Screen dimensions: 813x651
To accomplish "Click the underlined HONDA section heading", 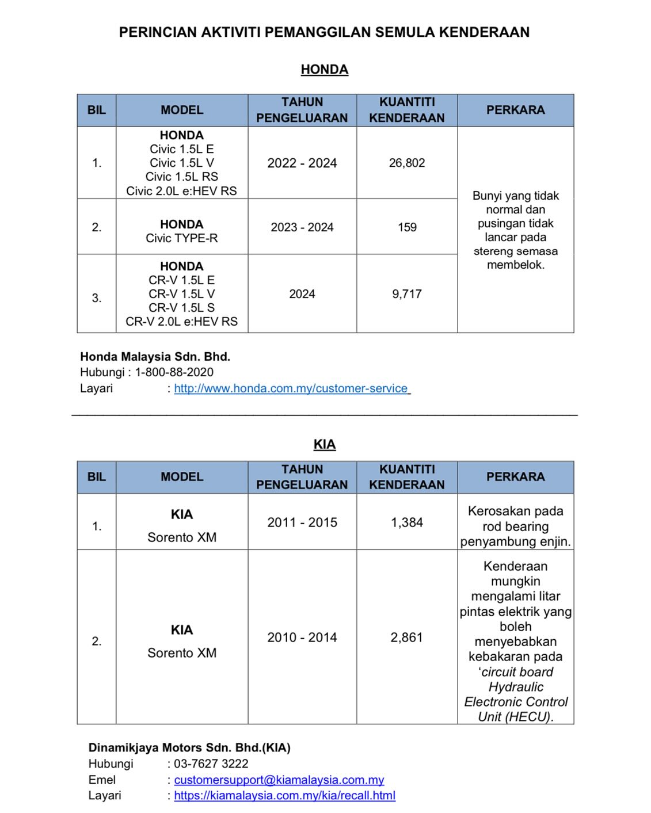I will coord(324,70).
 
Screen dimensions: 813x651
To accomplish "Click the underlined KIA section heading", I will coord(325,444).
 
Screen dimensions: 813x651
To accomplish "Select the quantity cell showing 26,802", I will coord(407,163).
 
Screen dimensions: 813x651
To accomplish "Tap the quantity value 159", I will coord(407,227).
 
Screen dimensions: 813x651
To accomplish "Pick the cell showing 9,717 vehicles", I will coord(407,294).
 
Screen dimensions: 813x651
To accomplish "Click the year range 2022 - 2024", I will coord(302,163).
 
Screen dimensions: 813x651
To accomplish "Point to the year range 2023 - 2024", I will coord(302,227).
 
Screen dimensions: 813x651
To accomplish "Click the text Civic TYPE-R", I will coord(182,238).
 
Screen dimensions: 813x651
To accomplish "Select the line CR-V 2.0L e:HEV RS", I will coord(182,322).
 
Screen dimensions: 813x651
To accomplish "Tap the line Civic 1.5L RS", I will coord(182,177).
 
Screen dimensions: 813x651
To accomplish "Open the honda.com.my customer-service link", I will coord(291,388).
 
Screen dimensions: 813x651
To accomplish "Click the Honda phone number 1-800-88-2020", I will coord(174,372).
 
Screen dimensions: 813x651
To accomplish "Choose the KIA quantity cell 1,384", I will coord(407,522).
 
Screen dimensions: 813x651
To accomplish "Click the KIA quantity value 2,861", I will coord(407,638).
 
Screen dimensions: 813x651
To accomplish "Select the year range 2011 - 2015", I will coord(302,522).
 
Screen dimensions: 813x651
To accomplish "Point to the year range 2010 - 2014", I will coord(302,638).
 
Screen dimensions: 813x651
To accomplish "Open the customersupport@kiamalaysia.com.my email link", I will coord(279,780).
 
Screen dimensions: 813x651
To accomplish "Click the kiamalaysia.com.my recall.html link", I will coord(285,796).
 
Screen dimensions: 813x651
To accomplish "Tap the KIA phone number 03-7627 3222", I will coord(211,764).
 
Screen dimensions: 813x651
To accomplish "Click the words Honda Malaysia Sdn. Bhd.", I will coord(155,357).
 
